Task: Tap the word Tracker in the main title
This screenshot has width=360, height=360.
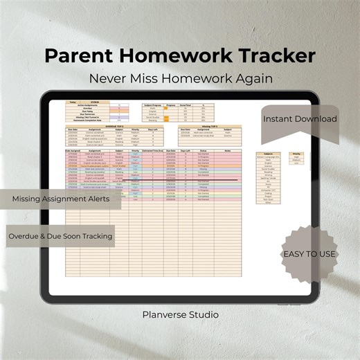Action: coord(271,55)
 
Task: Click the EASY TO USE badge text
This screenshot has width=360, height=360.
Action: coord(309,254)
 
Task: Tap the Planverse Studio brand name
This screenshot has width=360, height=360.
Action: coord(179,314)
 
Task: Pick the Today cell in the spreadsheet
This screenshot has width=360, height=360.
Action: coord(72,102)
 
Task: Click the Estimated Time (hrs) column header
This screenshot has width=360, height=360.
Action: coord(156,150)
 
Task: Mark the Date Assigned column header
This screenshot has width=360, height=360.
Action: coord(73,150)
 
